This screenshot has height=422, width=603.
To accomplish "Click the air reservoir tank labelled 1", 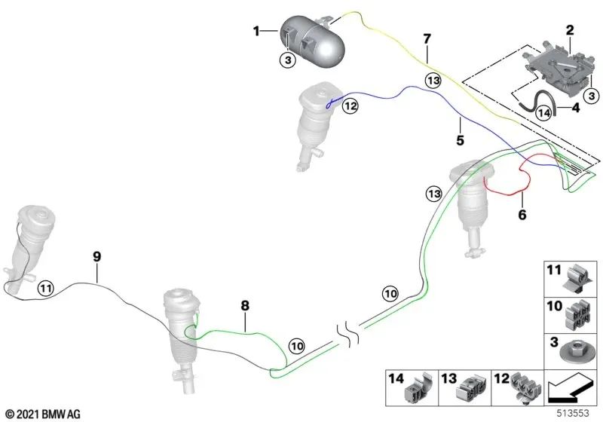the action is tap(312, 41).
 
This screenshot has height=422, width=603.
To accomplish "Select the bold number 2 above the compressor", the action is tap(570, 30).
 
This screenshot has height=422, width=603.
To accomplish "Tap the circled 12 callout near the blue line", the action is tap(350, 105).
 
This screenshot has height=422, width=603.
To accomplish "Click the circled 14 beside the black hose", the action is tap(543, 113).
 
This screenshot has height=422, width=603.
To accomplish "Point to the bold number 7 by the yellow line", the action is tap(427, 39).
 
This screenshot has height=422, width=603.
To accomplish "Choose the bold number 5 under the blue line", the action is tap(460, 140).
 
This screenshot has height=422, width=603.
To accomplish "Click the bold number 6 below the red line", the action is tap(522, 215).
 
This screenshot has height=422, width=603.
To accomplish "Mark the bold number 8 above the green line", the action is tap(245, 305).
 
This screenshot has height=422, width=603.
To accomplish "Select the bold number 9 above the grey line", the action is tap(97, 256).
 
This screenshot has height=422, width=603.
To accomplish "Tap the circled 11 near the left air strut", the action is tap(46, 288).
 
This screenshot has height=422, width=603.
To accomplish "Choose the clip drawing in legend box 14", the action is tap(418, 388).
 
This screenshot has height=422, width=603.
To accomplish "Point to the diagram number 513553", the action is tap(573, 413).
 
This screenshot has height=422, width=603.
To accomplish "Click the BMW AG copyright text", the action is tap(44, 414).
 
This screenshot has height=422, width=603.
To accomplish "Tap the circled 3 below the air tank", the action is tap(288, 60).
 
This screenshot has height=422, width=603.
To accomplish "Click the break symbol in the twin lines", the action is tap(348, 335).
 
